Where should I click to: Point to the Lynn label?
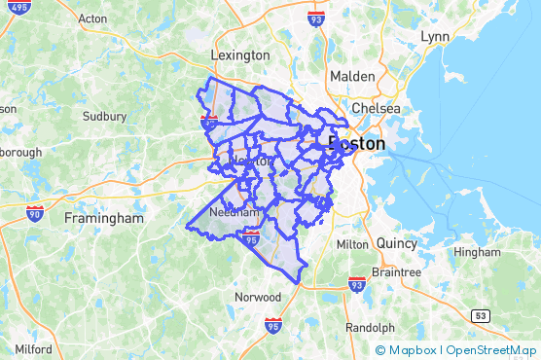[435, 36]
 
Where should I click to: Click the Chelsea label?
[376, 108]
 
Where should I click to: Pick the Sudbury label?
[104, 116]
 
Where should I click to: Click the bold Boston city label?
[357, 143]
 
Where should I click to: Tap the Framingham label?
[104, 218]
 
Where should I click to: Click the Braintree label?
[398, 272]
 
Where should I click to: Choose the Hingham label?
[477, 251]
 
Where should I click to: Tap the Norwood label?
[258, 296]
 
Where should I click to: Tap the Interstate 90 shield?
[35, 213]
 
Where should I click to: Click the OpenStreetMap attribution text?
[491, 350]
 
